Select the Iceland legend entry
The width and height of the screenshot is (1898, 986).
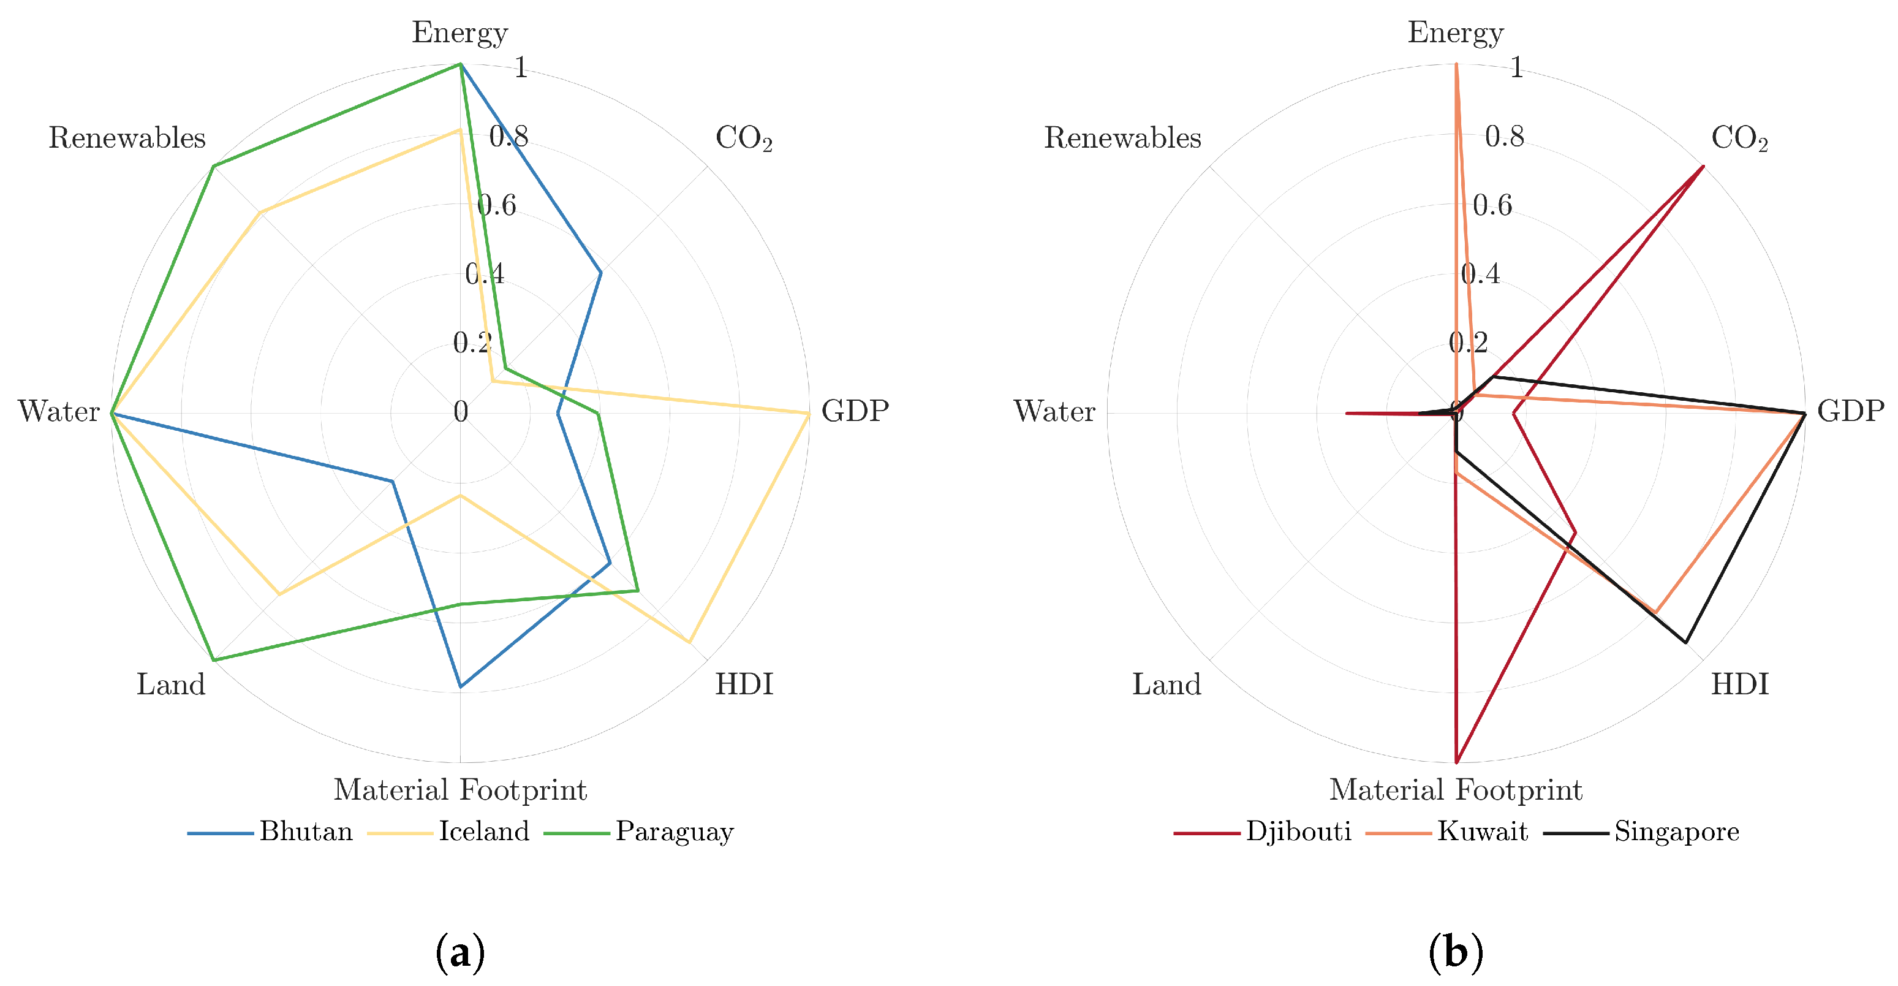(483, 831)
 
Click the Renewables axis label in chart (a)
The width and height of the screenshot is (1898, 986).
(127, 138)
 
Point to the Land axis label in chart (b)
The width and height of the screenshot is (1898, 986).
(1166, 685)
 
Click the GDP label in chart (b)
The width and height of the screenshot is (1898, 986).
(1850, 411)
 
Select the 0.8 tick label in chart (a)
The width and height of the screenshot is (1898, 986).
(509, 136)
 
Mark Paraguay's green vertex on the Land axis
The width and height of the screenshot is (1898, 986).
(213, 660)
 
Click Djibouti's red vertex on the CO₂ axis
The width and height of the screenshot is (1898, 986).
(1703, 166)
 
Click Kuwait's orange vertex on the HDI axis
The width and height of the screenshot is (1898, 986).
(1655, 612)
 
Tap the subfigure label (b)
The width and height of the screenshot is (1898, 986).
(1455, 953)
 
